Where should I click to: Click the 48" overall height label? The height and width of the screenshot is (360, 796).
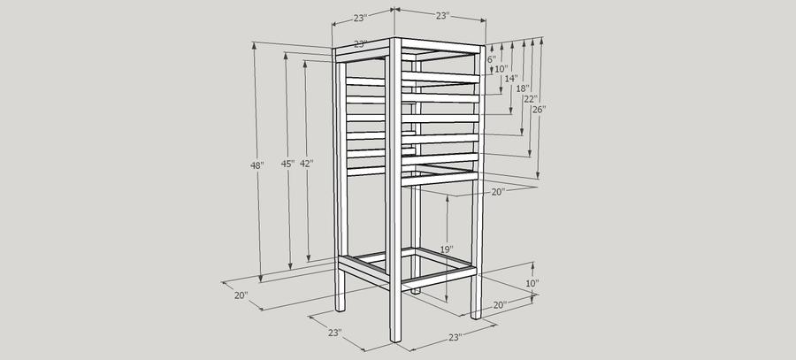point(257,165)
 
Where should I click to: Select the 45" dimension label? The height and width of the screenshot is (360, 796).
point(287,164)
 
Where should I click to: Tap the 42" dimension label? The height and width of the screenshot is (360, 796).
point(306,164)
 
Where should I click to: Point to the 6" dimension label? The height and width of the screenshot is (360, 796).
point(492,59)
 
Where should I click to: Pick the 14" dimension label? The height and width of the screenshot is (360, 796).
point(511,79)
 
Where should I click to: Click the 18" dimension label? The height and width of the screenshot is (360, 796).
point(523,88)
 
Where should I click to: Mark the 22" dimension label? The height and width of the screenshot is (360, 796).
point(531,99)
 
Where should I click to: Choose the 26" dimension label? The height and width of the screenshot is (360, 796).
point(539,109)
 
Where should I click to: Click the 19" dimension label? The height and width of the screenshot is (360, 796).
point(447,249)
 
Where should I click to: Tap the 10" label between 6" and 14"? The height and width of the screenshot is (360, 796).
point(501,69)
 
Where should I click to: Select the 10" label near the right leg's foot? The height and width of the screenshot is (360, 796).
point(532,283)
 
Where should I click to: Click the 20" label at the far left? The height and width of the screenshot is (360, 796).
point(241,295)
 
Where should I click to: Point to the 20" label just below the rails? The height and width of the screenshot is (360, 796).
point(498,192)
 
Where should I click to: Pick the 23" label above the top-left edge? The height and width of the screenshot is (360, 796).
point(360,19)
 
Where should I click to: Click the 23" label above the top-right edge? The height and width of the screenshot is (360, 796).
point(443,16)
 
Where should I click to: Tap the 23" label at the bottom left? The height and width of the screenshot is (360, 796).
point(334,333)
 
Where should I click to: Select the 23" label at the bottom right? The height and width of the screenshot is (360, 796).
point(455,337)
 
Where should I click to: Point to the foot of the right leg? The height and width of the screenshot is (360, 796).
point(476,316)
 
